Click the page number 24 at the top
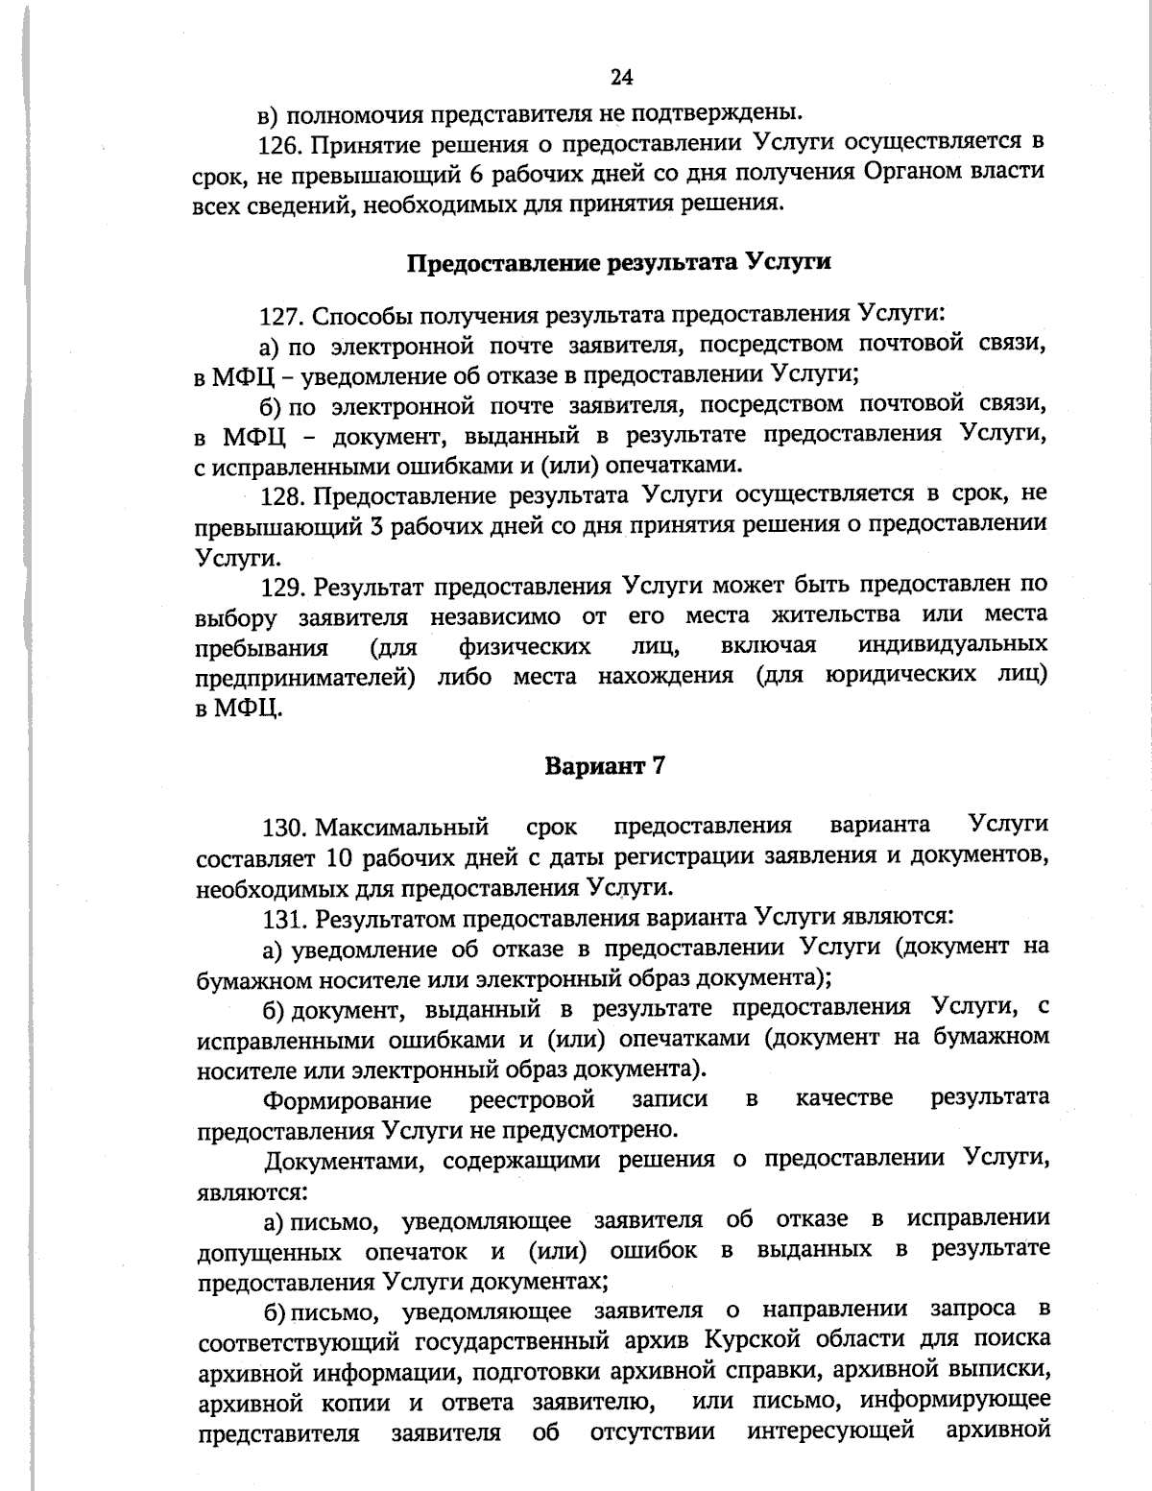pyautogui.click(x=621, y=78)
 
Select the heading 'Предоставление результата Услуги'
pyautogui.click(x=619, y=262)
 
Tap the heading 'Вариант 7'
pyautogui.click(x=605, y=766)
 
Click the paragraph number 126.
pyautogui.click(x=281, y=144)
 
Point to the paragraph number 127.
pyautogui.click(x=281, y=315)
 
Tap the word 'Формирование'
pyautogui.click(x=348, y=1099)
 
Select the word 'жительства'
pyautogui.click(x=834, y=615)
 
